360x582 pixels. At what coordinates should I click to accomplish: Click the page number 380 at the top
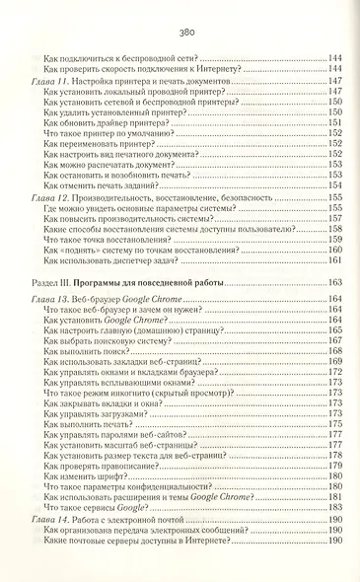coord(180,34)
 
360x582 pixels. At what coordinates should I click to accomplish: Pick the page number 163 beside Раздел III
coord(334,283)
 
